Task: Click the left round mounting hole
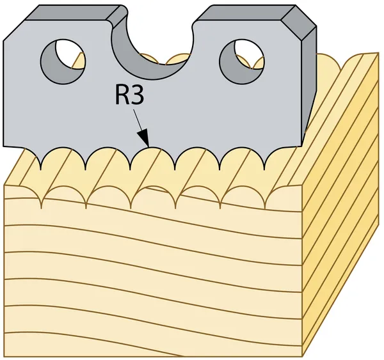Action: (x=63, y=61)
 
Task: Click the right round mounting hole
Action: (x=242, y=61)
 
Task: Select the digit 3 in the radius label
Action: (x=138, y=95)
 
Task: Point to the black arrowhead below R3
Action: (x=144, y=137)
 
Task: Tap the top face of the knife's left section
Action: (x=74, y=13)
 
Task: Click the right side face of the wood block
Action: (x=340, y=196)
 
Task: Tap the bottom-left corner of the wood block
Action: (x=5, y=356)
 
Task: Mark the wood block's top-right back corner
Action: (x=377, y=52)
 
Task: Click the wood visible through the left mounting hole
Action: (x=79, y=61)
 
